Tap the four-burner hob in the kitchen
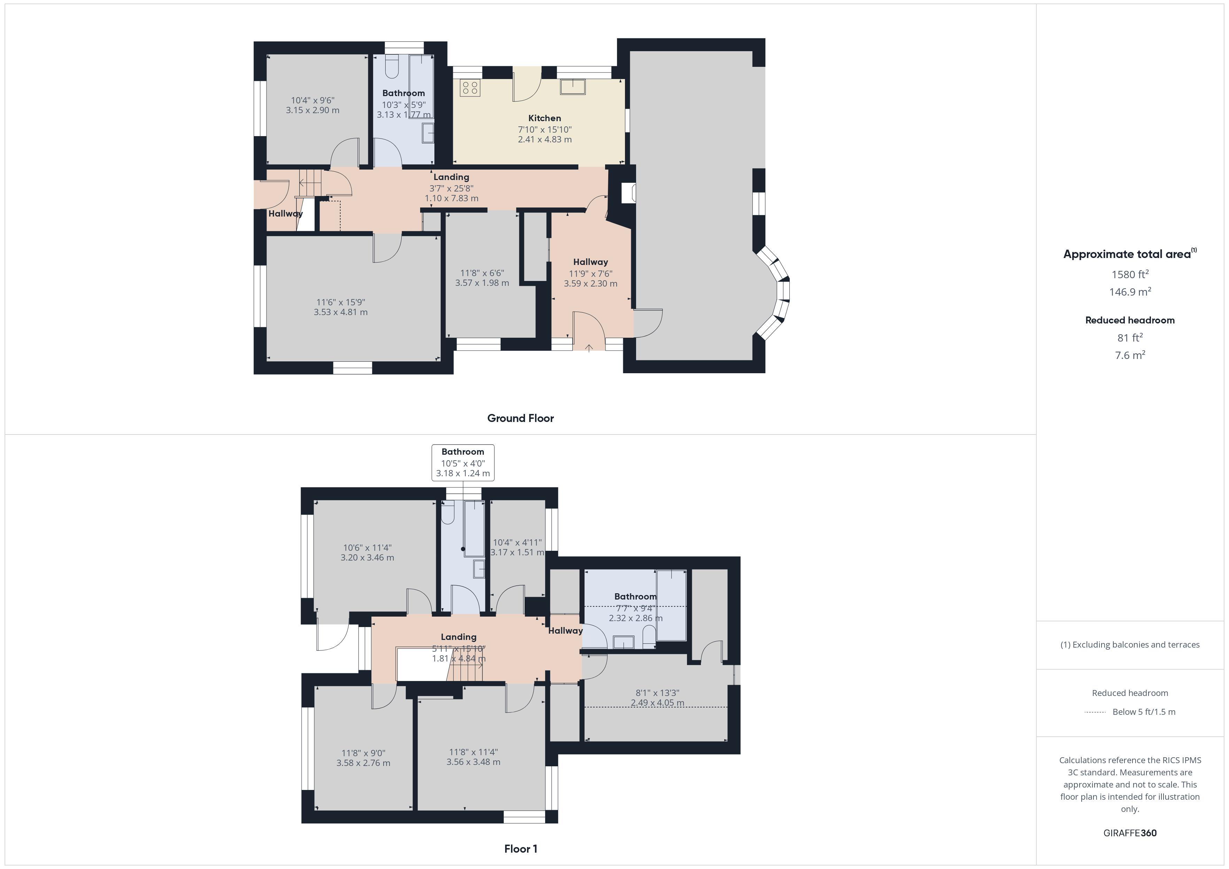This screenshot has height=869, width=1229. [470, 88]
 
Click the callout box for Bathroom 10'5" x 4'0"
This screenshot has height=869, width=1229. [463, 462]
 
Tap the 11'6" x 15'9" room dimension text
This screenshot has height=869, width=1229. [340, 307]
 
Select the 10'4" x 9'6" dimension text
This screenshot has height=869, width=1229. [312, 105]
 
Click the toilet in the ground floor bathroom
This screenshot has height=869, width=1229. [392, 68]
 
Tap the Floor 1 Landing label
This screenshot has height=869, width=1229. [458, 637]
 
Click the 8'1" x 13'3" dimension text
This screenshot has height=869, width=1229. [657, 698]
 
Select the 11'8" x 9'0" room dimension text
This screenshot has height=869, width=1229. [363, 758]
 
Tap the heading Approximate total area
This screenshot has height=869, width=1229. [1127, 254]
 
